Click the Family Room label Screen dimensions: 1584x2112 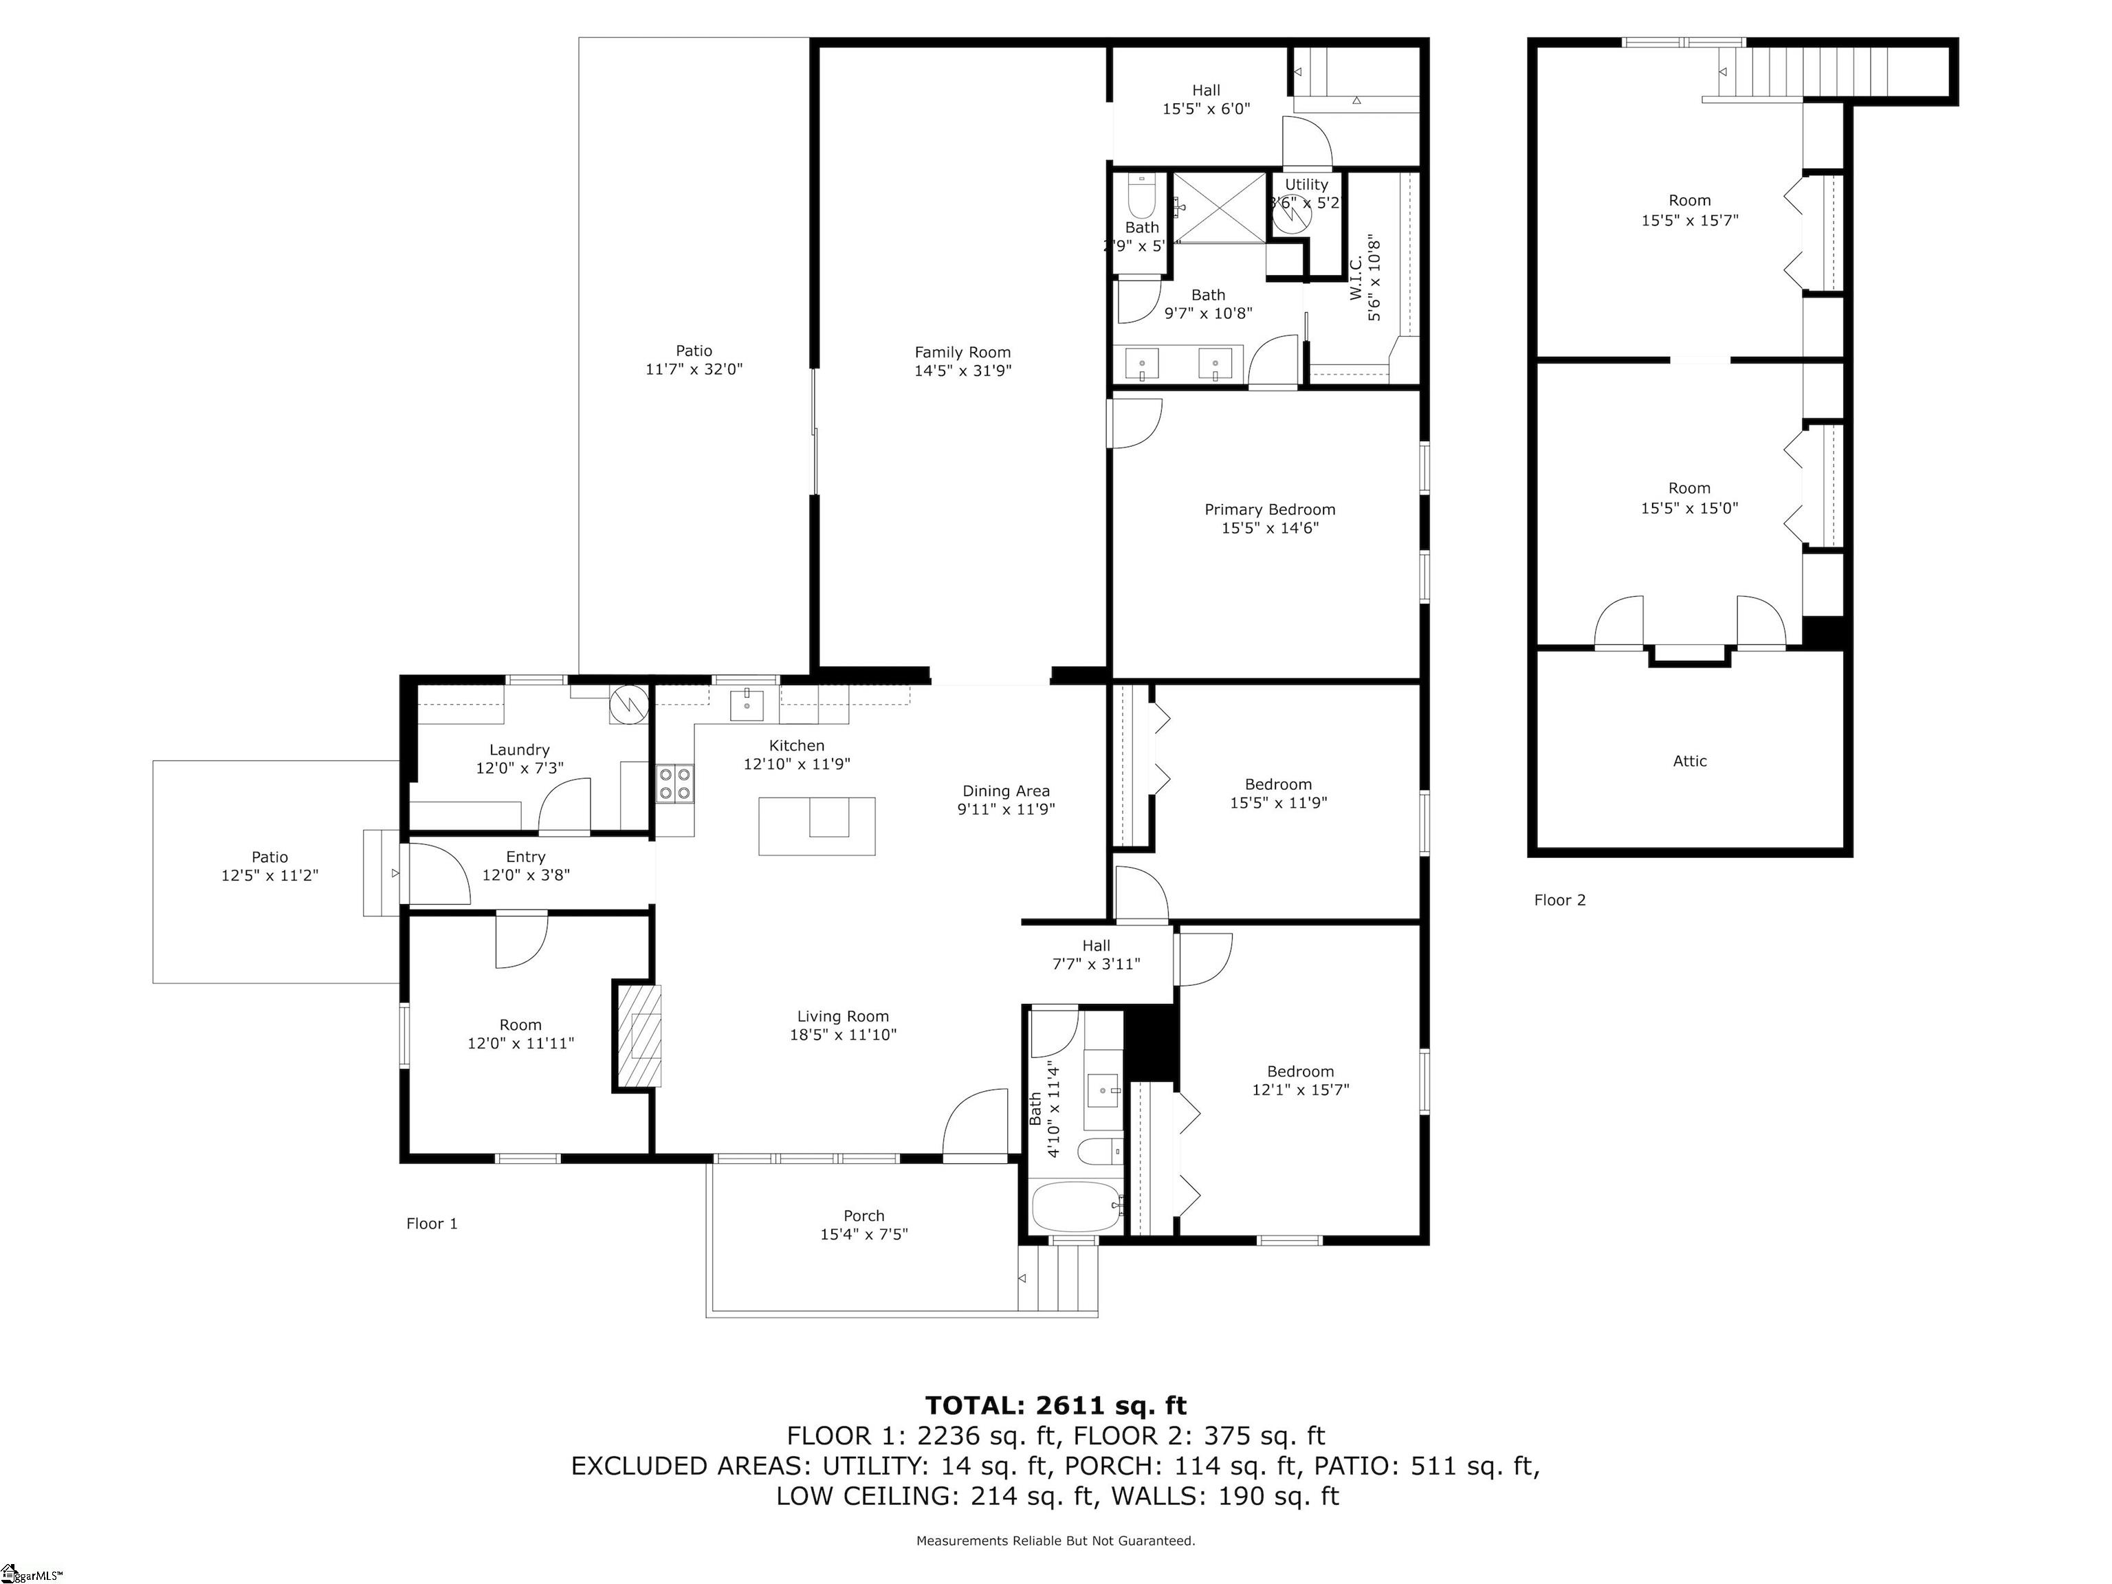tap(962, 352)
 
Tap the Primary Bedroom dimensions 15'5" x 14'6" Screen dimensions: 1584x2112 tap(1269, 528)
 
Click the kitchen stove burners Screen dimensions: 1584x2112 tap(675, 784)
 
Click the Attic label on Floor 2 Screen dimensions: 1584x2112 tap(1689, 761)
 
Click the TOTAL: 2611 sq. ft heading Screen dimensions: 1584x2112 tap(1055, 1405)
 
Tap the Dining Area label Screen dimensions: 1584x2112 tap(1005, 791)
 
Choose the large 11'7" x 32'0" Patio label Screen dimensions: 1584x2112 tap(694, 360)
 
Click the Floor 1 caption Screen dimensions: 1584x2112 tap(432, 1223)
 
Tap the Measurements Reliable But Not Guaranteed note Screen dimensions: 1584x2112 tap(1055, 1540)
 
